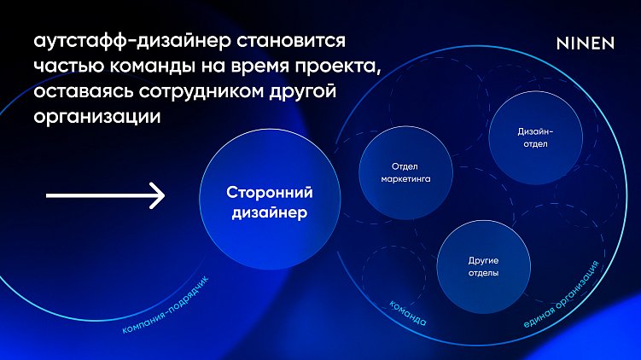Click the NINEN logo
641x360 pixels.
tap(585, 43)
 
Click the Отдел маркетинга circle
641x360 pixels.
tap(405, 173)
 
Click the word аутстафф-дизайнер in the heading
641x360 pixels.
tap(125, 42)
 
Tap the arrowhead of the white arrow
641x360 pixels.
tap(158, 195)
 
